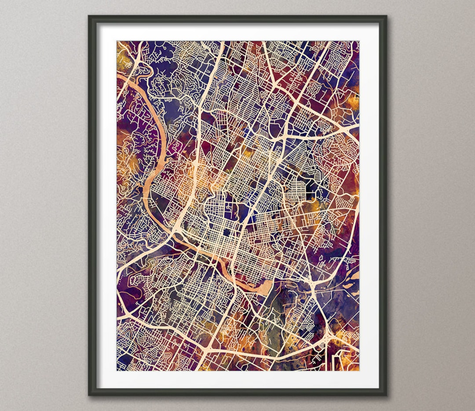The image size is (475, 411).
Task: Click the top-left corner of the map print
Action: pos(117,42)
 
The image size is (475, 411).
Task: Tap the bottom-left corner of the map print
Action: pos(117,370)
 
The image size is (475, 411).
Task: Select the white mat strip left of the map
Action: pos(107,206)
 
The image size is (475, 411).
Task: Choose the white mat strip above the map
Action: pos(237,32)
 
